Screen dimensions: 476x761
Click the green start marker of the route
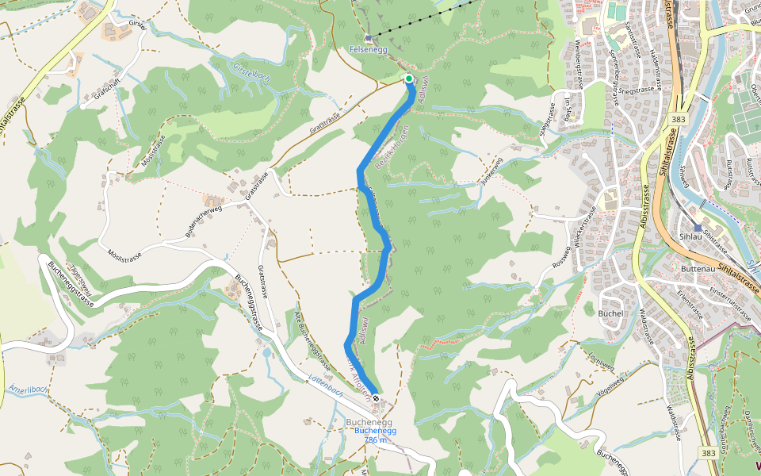[x=409, y=79]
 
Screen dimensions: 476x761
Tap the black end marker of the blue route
[x=376, y=398]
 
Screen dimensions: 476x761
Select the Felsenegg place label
[x=369, y=49]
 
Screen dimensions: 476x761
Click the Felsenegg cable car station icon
[x=369, y=37]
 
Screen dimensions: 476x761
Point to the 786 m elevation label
[x=375, y=440]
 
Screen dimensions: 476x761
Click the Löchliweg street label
[x=602, y=362]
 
